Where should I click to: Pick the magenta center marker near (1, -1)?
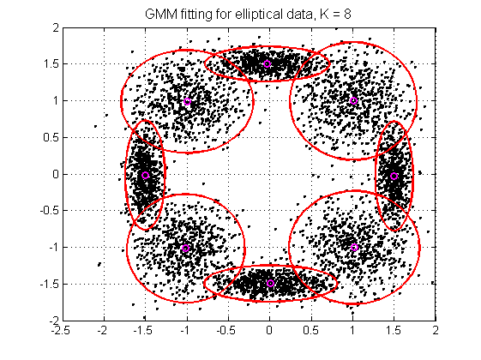tap(354, 247)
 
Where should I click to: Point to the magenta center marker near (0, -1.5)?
tap(270, 283)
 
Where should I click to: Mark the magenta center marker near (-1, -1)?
tap(186, 249)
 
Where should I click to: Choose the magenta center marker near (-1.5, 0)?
tap(145, 175)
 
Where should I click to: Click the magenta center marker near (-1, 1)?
tap(188, 101)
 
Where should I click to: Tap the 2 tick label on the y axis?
tap(53, 27)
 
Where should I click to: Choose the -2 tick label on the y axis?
tap(51, 320)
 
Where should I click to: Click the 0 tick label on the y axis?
tap(53, 174)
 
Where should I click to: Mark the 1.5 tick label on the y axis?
tap(49, 64)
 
